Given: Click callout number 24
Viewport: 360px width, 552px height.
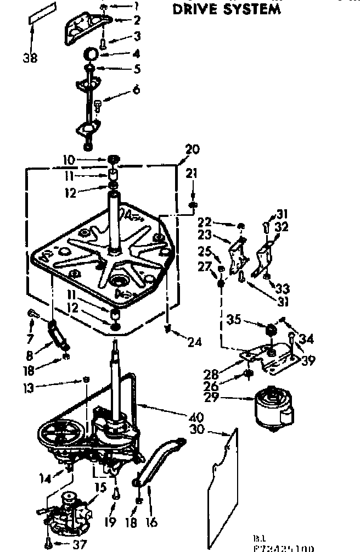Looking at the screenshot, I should [194, 342].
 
